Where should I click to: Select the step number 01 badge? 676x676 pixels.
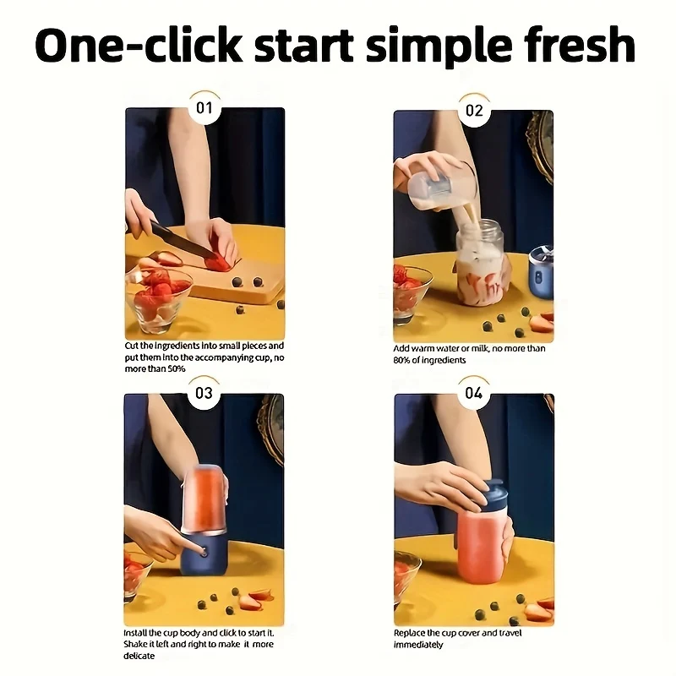point(204,108)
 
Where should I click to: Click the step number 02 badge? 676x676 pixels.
point(474,111)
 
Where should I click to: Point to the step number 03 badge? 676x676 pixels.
point(204,393)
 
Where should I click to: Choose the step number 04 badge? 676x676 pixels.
point(474,393)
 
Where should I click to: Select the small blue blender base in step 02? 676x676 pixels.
point(541,272)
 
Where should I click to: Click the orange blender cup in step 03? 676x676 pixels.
point(205,499)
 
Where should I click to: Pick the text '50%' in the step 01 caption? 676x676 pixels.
point(176,369)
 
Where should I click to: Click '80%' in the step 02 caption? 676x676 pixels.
point(401,361)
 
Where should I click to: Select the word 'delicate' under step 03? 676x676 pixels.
point(139,656)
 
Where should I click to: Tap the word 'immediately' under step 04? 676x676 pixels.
point(418,645)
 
